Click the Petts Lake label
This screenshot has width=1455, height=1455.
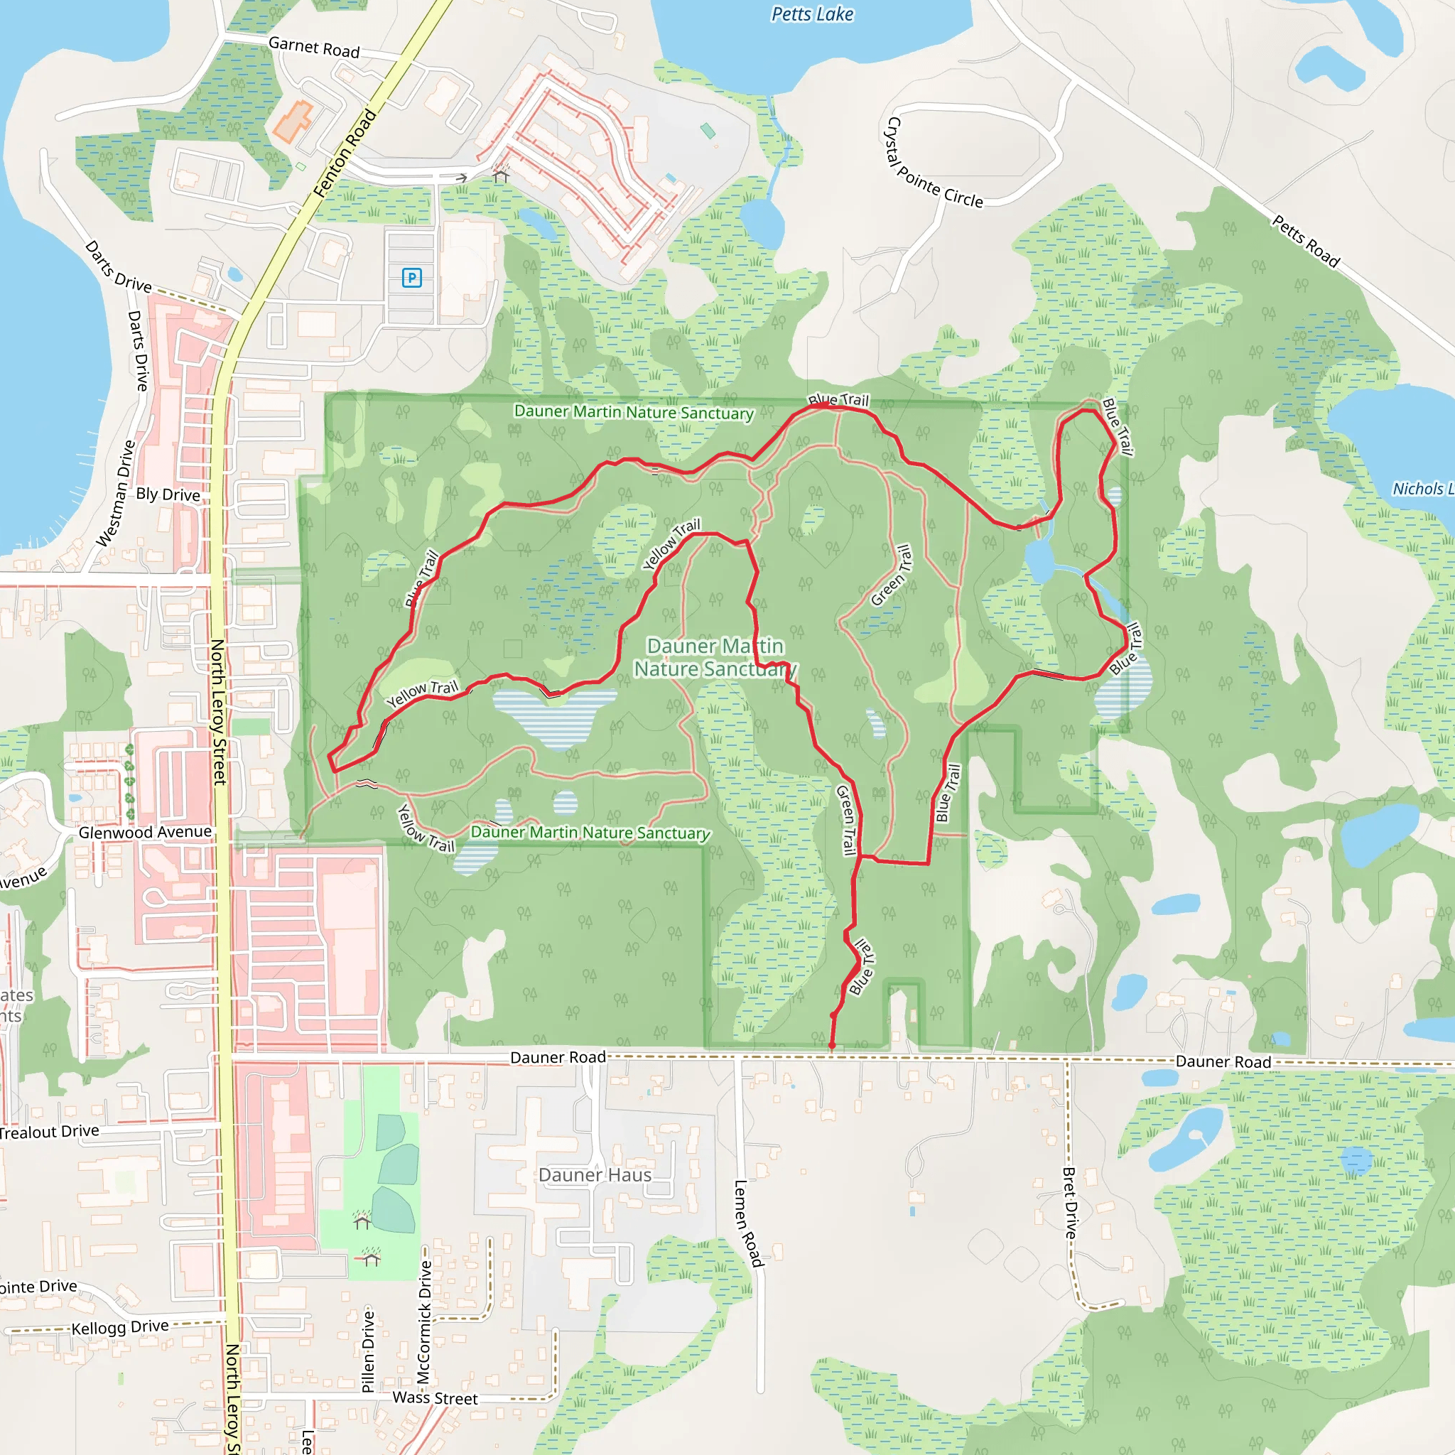[x=812, y=14]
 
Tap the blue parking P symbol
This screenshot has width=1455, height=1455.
[x=411, y=278]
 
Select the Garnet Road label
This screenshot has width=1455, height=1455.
[x=314, y=48]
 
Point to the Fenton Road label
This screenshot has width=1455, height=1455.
[x=344, y=153]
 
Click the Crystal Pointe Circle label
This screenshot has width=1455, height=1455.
[x=934, y=163]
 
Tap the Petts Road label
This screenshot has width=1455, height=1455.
[x=1306, y=241]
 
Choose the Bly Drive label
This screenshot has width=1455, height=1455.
[x=168, y=494]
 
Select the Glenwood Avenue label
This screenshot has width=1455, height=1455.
[x=145, y=832]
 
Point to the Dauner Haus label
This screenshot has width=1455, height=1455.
[x=594, y=1175]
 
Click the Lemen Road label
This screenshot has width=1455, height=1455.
[x=748, y=1224]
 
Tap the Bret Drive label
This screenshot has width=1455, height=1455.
[x=1070, y=1203]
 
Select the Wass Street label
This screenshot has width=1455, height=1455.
[x=435, y=1397]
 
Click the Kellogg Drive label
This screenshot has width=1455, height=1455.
[x=120, y=1327]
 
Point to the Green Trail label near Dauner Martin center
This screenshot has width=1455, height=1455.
[x=891, y=575]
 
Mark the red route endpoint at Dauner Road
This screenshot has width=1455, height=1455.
[x=831, y=1045]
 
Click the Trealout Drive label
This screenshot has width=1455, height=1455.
[x=49, y=1132]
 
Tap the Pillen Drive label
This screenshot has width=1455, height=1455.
[x=367, y=1351]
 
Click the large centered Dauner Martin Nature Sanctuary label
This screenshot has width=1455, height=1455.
[x=715, y=657]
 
